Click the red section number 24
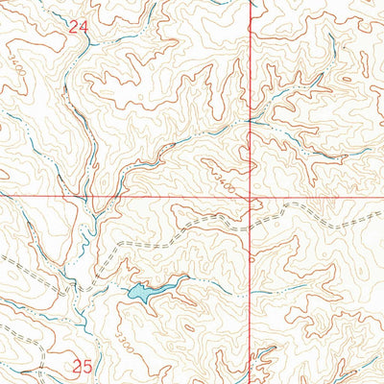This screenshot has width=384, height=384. (79, 29)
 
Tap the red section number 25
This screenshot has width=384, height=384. (83, 366)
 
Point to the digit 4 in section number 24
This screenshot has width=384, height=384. (84, 29)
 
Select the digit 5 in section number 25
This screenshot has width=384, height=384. (87, 366)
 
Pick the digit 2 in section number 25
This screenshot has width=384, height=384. (77, 366)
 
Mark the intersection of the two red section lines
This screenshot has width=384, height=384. (251, 200)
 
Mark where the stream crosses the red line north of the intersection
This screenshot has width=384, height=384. (251, 121)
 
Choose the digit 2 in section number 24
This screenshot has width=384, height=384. (73, 29)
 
